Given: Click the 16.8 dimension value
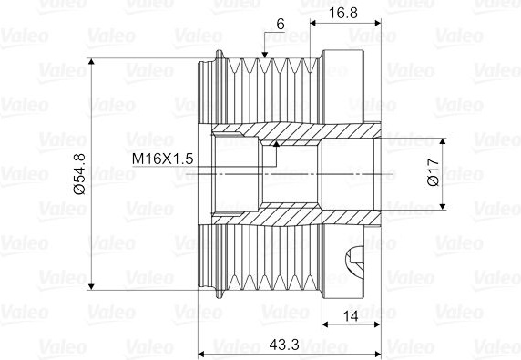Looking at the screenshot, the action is pyautogui.click(x=342, y=13).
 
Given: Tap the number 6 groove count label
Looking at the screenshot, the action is pyautogui.click(x=281, y=25).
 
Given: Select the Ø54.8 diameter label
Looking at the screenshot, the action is pyautogui.click(x=80, y=174).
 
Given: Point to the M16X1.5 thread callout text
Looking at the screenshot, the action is pyautogui.click(x=162, y=159).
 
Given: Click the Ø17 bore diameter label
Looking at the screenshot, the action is pyautogui.click(x=434, y=172).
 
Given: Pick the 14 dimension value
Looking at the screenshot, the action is pyautogui.click(x=351, y=316).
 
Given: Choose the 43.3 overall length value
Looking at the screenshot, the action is pyautogui.click(x=284, y=345).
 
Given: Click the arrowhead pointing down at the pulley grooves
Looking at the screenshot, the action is pyautogui.click(x=264, y=55).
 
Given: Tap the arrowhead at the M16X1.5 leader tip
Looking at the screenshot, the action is pyautogui.click(x=277, y=143).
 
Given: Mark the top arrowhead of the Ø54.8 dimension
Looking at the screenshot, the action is pyautogui.click(x=92, y=61).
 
